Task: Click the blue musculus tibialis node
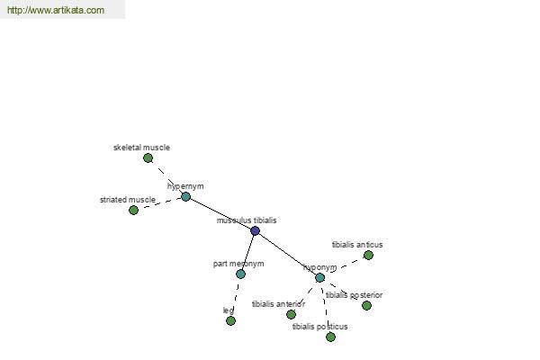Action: [x=255, y=230]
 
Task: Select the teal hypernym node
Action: [x=185, y=197]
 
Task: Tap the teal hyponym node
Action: [x=319, y=277]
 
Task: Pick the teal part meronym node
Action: [x=240, y=274]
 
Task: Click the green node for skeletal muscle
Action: [x=148, y=158]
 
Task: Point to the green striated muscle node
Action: [x=133, y=210]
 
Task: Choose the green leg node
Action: [x=230, y=320]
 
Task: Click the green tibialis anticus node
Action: [x=368, y=256]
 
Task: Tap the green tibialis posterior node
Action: [x=366, y=306]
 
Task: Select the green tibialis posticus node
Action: [x=330, y=337]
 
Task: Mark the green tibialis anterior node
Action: [x=291, y=314]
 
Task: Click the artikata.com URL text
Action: [x=56, y=10]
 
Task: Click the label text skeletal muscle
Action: [x=141, y=148]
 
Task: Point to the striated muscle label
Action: [x=128, y=200]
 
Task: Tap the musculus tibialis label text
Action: [x=247, y=220]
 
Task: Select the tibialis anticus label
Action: [x=357, y=245]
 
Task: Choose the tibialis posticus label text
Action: [x=319, y=327]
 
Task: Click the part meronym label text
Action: [x=238, y=264]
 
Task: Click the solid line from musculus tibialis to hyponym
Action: [x=287, y=254]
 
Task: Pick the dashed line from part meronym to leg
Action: [x=236, y=297]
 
